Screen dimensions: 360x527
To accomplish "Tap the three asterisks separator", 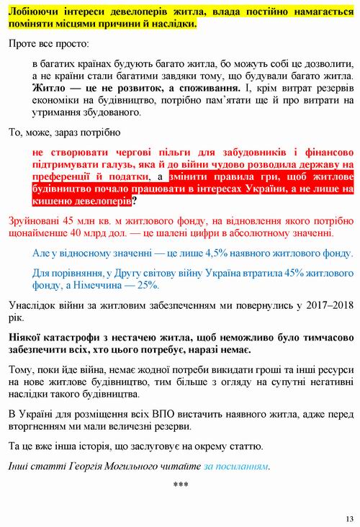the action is tap(181, 484).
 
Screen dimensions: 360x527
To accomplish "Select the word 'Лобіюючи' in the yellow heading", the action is tap(35, 12).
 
